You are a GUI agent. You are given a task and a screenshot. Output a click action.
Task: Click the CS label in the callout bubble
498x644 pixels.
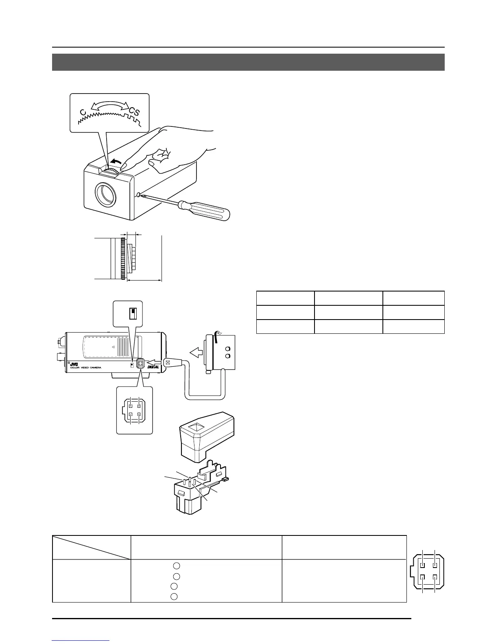point(135,111)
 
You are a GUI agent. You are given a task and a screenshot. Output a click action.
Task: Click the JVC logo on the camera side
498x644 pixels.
point(74,364)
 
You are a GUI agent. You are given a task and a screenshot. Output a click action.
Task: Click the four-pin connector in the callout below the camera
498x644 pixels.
point(134,411)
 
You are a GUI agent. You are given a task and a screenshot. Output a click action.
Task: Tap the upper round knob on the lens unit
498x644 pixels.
point(228,348)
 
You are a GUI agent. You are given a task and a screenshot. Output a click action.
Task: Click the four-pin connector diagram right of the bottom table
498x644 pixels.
point(429,571)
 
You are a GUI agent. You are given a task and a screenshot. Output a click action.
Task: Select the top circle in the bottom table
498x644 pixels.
point(176,566)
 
